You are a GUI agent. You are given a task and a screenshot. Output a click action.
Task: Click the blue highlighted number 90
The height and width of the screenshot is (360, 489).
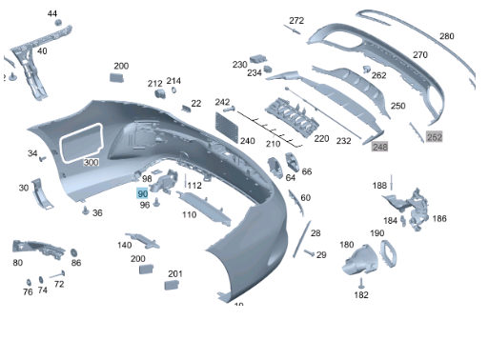pos(143,193)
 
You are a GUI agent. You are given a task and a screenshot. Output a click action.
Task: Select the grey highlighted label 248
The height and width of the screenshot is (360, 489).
pos(380,147)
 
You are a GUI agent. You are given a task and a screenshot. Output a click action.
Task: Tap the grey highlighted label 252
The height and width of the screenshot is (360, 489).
pos(435,137)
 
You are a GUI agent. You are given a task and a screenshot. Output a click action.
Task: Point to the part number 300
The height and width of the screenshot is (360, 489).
pos(91,162)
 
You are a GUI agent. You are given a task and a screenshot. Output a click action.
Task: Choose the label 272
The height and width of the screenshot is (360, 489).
pos(296,20)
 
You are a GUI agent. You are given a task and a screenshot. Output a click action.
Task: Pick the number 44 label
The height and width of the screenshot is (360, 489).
pos(52,14)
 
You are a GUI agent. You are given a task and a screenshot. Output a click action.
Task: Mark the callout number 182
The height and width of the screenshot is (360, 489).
pos(361,295)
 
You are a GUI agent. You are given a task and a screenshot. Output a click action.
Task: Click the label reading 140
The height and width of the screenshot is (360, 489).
pos(125,245)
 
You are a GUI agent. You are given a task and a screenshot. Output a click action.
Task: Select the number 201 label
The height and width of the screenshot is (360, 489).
pos(174,274)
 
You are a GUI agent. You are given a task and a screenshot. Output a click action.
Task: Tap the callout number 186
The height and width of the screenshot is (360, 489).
pos(438,218)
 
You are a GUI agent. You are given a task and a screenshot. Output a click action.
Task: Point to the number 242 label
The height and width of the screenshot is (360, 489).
pos(222,102)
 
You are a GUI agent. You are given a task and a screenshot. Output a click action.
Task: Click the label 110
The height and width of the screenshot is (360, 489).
pos(189,215)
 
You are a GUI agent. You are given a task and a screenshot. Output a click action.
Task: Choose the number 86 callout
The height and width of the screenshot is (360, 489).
pos(76,263)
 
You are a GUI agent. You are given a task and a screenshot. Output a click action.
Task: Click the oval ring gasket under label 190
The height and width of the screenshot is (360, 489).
pos(389,252)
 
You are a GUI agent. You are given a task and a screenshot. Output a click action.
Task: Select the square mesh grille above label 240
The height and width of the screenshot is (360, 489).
pos(230,123)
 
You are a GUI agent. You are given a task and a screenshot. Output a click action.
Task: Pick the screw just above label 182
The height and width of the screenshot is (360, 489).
pos(361,282)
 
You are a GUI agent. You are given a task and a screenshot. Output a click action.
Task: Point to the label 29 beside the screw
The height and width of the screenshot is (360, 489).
pos(321,254)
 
